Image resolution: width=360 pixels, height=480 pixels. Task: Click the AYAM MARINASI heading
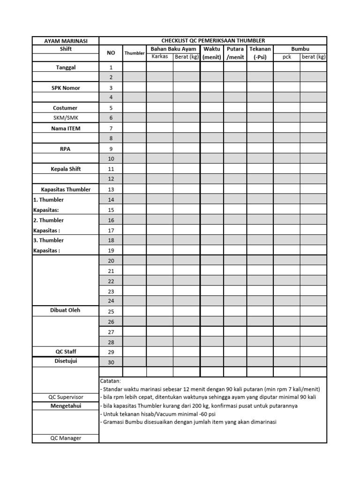66,41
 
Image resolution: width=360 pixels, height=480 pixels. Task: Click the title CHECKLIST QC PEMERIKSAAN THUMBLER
213,41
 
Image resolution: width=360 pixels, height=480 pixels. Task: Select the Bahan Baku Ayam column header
173,49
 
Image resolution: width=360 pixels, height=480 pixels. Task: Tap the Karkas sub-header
159,57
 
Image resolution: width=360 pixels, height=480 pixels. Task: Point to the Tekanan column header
260,49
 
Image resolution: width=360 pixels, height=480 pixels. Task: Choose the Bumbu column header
300,49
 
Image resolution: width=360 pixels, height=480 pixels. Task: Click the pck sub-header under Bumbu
287,57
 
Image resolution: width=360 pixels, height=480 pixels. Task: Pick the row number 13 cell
111,189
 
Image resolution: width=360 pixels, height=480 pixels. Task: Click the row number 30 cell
111,362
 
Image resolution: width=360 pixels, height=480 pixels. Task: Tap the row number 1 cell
111,67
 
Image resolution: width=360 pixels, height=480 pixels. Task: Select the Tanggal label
66,67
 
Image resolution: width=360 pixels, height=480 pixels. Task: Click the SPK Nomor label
66,88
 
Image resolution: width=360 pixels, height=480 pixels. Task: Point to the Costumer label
66,108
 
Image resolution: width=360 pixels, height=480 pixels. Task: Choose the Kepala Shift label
66,169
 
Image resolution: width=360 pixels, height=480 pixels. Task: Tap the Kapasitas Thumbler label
66,189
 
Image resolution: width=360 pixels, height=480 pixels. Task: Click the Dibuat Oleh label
66,311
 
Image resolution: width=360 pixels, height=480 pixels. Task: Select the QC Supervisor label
66,397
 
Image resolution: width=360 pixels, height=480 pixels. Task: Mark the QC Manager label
66,438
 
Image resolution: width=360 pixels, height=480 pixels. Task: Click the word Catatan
111,381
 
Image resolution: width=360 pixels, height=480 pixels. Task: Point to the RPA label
66,149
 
